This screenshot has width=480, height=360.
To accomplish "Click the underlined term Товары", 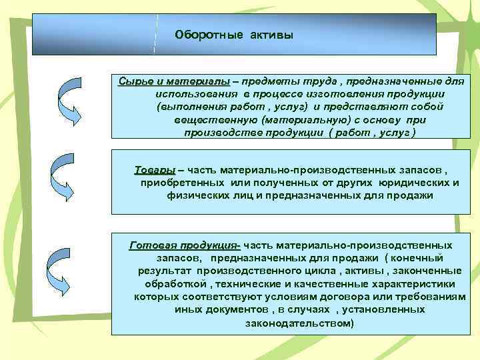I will tap(155, 169).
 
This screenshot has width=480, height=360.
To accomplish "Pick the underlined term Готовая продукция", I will tap(184, 245).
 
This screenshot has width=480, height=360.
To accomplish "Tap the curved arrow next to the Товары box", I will tap(69, 176).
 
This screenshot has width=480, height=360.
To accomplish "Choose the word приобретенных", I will tap(183, 183).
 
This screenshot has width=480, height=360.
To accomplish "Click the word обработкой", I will tap(172, 283).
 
